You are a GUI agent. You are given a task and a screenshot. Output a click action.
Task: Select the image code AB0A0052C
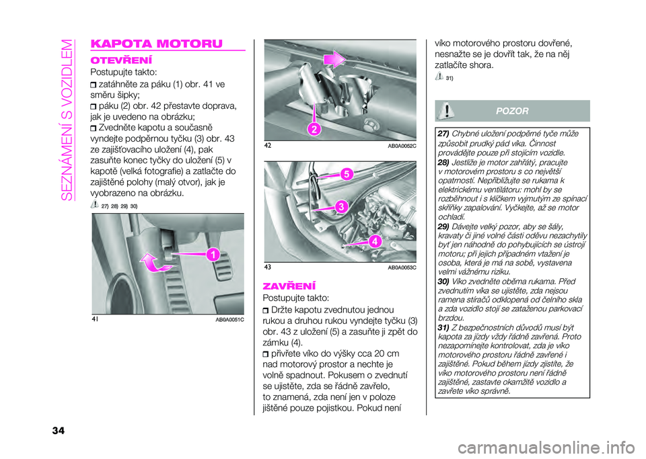[x=403, y=147]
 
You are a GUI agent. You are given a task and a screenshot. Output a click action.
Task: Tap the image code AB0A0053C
[x=403, y=268]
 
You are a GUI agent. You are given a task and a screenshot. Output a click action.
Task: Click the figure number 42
[x=268, y=146]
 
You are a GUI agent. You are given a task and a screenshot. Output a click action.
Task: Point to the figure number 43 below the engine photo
[x=268, y=267]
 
